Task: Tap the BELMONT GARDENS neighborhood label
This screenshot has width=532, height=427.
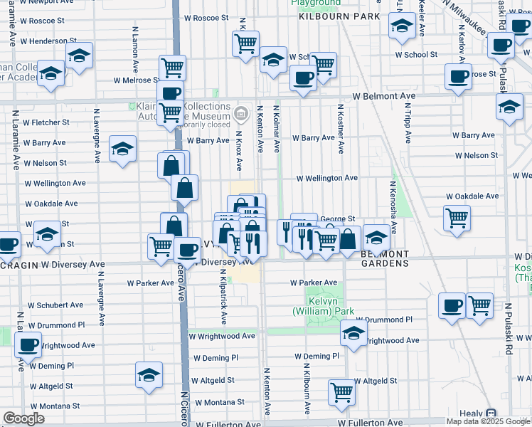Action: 385,258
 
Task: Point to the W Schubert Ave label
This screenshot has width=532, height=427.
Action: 56,305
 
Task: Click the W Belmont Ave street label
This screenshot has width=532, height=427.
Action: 383,96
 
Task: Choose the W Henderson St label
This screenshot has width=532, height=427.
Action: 48,41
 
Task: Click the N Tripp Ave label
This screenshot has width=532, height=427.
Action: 408,122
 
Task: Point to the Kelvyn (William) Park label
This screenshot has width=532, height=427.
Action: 324,306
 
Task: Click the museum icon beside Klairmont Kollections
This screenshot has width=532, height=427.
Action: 241,114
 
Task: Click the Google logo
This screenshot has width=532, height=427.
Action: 23,418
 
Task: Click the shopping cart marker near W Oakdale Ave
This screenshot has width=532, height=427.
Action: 456,217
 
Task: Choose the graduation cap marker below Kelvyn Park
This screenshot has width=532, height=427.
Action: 353,332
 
